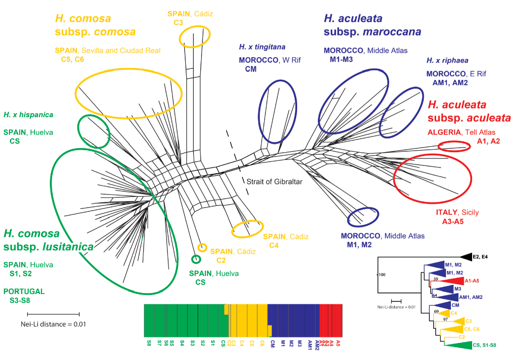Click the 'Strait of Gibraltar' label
tap(274, 181)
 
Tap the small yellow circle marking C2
tap(202, 247)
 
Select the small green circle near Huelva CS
tap(196, 259)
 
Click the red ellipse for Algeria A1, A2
tap(454, 146)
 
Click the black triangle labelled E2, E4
tap(466, 256)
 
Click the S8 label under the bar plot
tap(148, 342)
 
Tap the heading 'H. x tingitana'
tap(262, 47)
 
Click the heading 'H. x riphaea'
tap(447, 61)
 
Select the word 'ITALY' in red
tap(446, 212)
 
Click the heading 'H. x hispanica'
tap(28, 115)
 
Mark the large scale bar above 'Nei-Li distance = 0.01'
tap(53, 313)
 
